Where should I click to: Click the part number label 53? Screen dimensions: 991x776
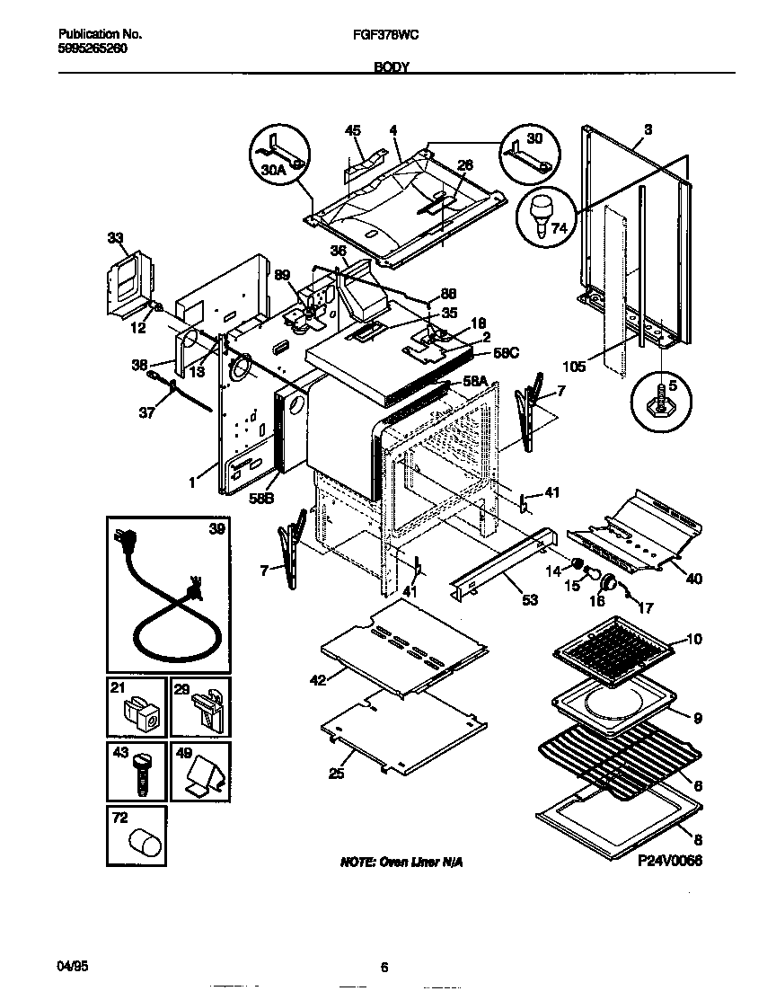click(x=530, y=599)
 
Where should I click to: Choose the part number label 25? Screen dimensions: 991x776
click(x=336, y=773)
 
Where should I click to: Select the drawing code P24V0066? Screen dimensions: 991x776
click(x=669, y=861)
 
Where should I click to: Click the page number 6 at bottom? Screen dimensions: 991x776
click(x=384, y=968)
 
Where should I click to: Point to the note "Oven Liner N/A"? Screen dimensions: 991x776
click(x=401, y=862)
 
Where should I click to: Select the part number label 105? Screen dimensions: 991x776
click(x=574, y=367)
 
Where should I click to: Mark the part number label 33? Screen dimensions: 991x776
click(x=115, y=238)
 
